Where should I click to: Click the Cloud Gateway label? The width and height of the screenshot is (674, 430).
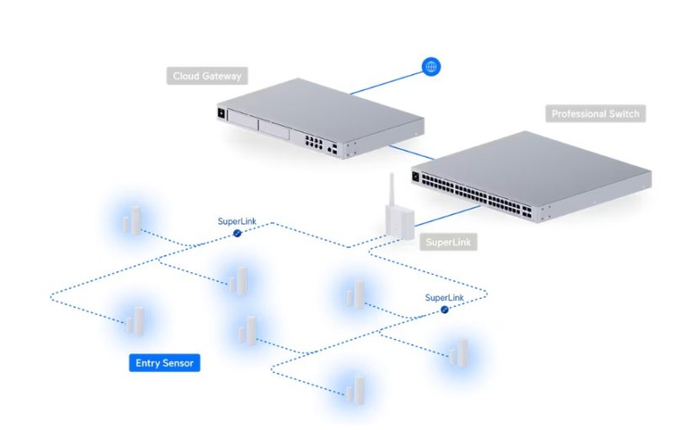[207, 76]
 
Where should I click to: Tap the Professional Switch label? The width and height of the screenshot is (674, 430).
[595, 113]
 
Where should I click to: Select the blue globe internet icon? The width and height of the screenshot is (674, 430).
[431, 67]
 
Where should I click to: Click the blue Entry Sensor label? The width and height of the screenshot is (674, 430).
[165, 363]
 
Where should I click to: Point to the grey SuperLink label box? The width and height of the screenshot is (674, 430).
[448, 242]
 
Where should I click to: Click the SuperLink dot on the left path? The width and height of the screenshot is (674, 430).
[238, 234]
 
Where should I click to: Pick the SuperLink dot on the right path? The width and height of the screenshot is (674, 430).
[444, 309]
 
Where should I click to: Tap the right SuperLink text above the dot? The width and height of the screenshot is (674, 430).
[444, 298]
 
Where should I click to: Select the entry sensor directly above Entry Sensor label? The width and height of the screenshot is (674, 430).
[134, 320]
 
